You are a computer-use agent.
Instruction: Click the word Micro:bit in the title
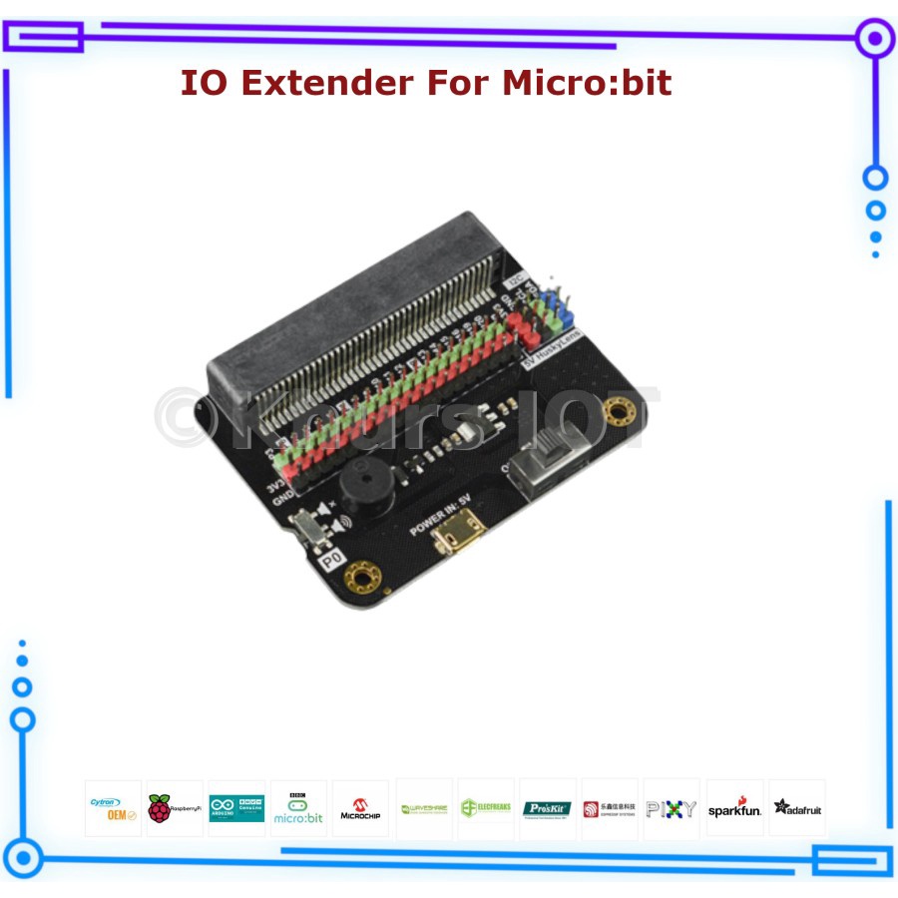pos(587,82)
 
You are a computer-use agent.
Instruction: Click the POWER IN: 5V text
pos(439,515)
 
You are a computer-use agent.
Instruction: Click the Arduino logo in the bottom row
pos(236,808)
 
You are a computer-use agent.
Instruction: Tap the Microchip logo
pos(360,808)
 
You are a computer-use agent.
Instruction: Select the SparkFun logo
pos(734,808)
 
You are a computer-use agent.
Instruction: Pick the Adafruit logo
pos(797,808)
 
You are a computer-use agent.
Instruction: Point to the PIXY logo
pos(672,808)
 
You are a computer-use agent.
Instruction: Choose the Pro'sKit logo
pos(547,808)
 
